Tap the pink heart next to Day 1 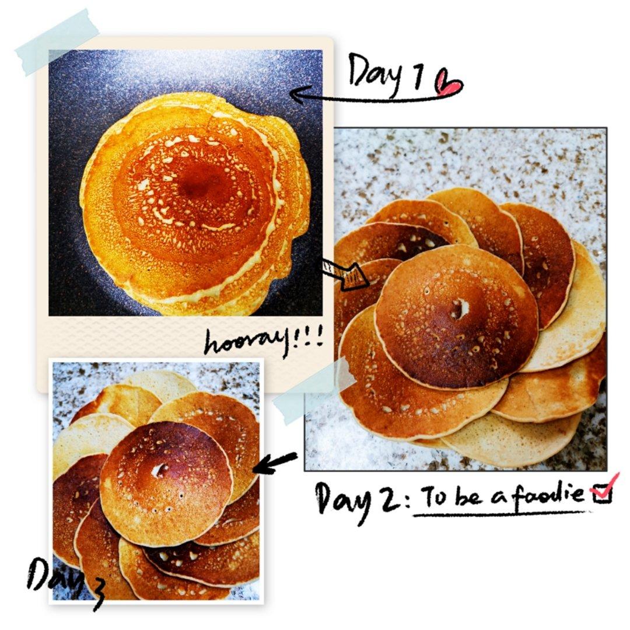[x=449, y=83]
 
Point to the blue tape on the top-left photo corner [x=56, y=42]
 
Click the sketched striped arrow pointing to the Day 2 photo [x=345, y=273]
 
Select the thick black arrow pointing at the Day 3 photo [x=275, y=463]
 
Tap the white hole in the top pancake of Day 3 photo [x=162, y=469]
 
